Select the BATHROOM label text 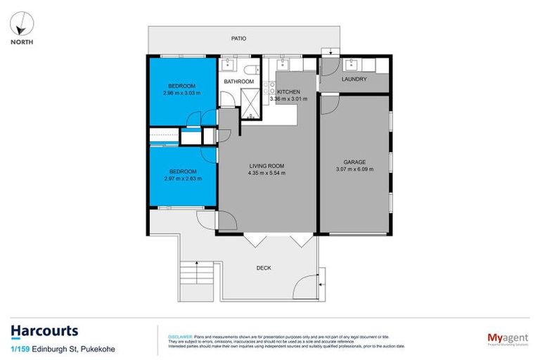click(x=238, y=82)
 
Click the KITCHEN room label click(x=289, y=92)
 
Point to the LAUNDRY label click(x=354, y=79)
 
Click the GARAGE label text click(x=354, y=162)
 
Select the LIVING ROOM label click(x=266, y=166)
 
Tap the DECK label click(x=264, y=268)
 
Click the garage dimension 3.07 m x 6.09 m click(x=354, y=169)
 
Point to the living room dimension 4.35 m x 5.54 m click(x=266, y=173)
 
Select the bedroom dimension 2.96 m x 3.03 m click(x=181, y=93)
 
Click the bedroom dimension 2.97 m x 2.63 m click(x=181, y=179)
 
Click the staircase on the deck click(x=197, y=275)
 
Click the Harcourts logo click(x=44, y=331)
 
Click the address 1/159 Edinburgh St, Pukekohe click(x=63, y=349)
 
